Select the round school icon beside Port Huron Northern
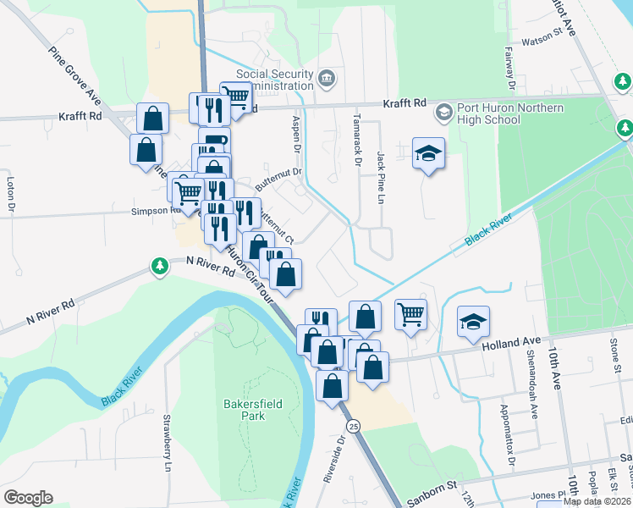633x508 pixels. tap(443, 112)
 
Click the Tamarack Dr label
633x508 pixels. tap(357, 141)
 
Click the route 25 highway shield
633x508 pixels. tap(355, 425)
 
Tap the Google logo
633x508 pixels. tap(28, 498)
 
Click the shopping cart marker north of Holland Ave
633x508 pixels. tap(410, 315)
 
